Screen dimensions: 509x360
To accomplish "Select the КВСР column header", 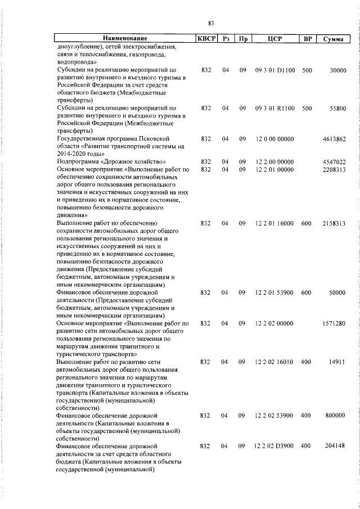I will [206, 39].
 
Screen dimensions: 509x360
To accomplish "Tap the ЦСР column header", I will [274, 39].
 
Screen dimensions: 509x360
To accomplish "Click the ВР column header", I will [307, 39].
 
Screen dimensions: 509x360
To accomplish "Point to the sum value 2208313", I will [334, 169].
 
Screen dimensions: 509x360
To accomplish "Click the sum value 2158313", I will [334, 223].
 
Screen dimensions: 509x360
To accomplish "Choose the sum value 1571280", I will [334, 323].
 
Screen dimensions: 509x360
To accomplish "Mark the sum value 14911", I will [337, 362].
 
